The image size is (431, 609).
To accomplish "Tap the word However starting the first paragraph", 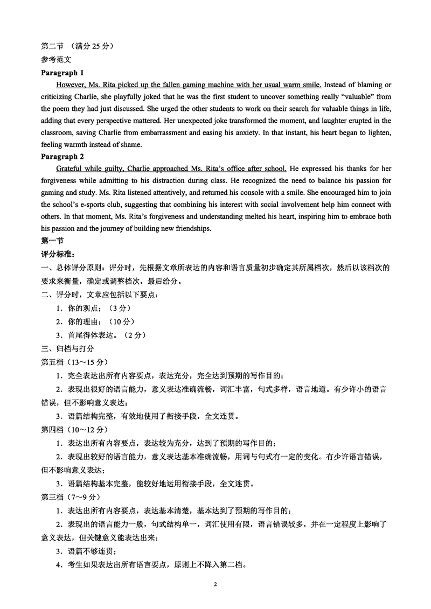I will coord(71,85).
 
